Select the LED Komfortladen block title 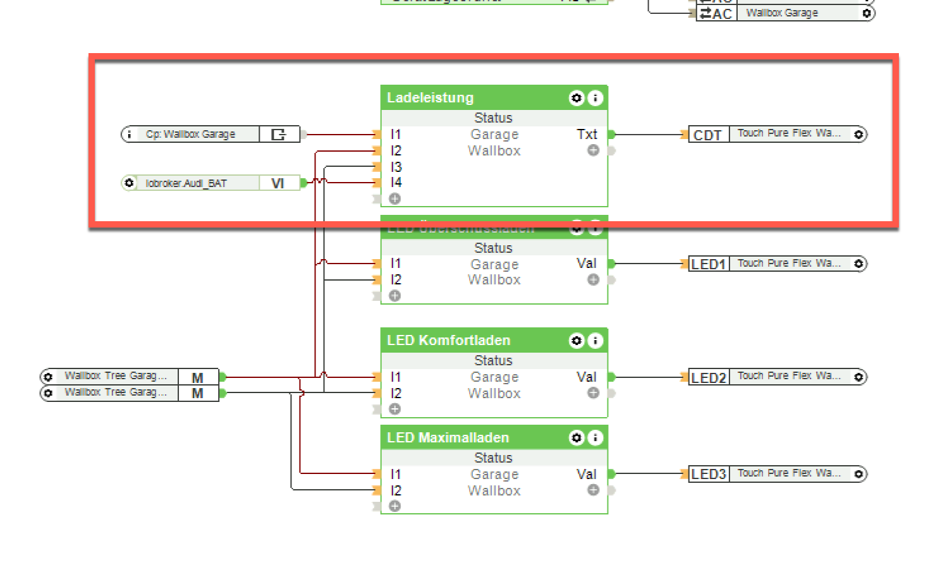[x=448, y=341]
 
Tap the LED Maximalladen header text [x=448, y=438]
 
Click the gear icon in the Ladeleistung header [x=576, y=98]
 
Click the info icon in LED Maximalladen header [x=595, y=438]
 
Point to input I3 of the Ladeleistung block [x=396, y=167]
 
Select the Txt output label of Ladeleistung [x=587, y=134]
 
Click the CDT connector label [x=707, y=135]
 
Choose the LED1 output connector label [x=708, y=264]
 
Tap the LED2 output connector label [x=708, y=378]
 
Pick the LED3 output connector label [x=708, y=474]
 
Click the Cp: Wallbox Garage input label [x=190, y=134]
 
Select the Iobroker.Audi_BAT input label [x=186, y=183]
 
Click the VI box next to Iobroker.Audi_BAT [x=278, y=183]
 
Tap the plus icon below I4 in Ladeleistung [x=395, y=199]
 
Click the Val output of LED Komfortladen [x=587, y=377]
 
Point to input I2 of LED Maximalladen [x=396, y=490]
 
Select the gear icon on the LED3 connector [x=858, y=474]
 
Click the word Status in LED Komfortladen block [x=493, y=360]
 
